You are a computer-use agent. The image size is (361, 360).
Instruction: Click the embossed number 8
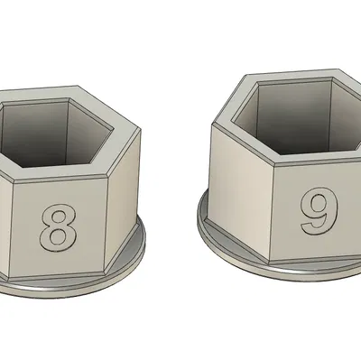[x=57, y=226]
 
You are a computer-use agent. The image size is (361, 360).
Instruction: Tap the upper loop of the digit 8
[x=57, y=216]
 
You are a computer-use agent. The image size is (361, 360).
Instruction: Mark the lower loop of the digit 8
[x=57, y=235]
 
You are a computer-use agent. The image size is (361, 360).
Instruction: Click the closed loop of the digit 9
[x=316, y=204]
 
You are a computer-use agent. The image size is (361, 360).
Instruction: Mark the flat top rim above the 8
[x=54, y=172]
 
